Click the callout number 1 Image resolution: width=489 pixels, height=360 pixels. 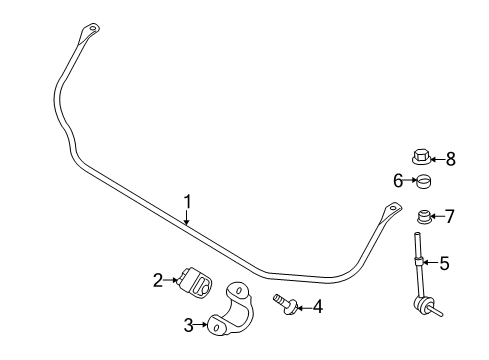tap(187, 203)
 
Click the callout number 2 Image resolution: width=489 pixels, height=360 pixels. tap(158, 281)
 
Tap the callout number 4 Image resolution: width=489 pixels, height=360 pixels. tap(317, 307)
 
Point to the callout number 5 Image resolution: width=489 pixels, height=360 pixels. tap(444, 264)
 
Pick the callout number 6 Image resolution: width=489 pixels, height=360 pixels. tap(398, 180)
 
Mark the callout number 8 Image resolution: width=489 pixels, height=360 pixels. tap(450, 158)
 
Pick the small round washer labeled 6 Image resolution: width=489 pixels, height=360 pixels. tap(422, 181)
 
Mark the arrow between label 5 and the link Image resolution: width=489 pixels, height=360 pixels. tap(429, 264)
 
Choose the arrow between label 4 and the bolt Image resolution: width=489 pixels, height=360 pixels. tap(302, 306)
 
